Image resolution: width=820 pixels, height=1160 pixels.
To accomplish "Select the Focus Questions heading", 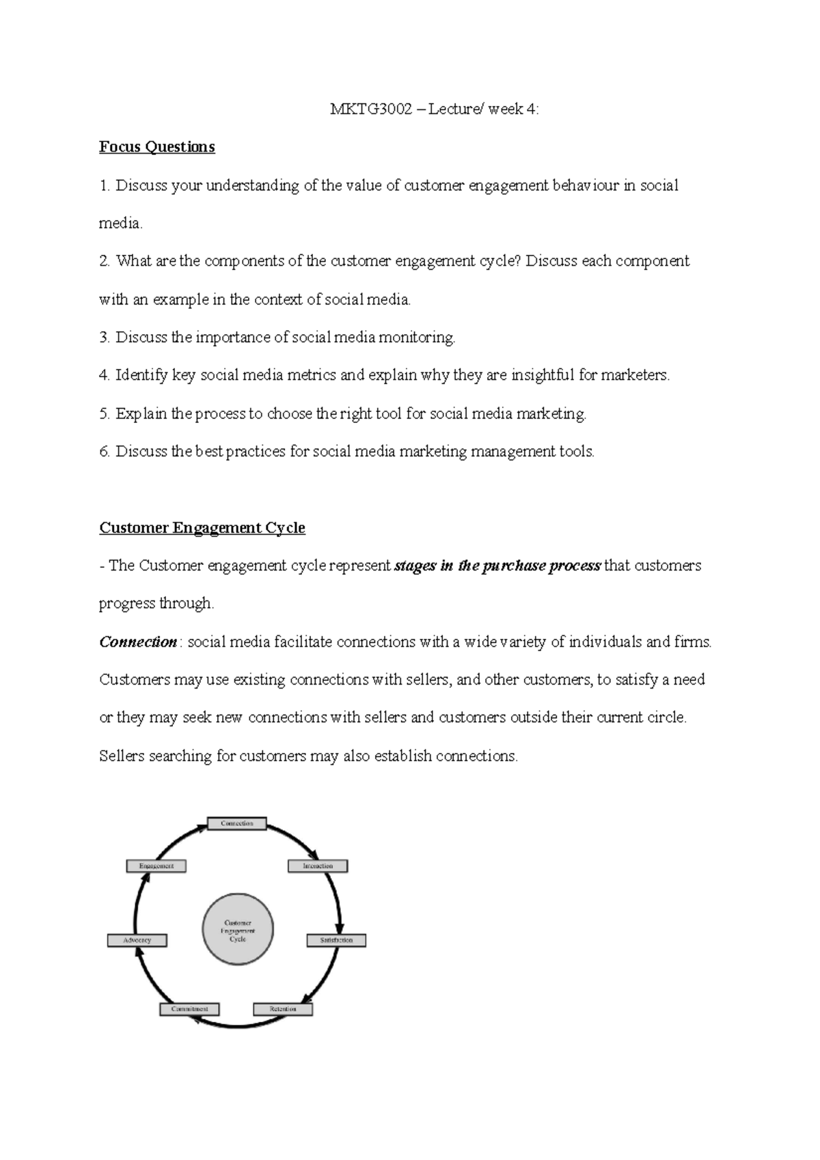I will pos(156,147).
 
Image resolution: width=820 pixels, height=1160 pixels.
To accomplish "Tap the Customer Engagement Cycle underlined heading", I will pos(202,528).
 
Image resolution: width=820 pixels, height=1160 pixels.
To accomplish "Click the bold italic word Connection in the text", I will pos(138,642).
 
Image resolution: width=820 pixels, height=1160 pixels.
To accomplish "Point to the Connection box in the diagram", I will pos(236,824).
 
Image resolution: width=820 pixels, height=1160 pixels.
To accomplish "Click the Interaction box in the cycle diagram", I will pos(318,866).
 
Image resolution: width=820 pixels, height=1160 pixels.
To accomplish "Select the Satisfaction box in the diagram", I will pos(336,941).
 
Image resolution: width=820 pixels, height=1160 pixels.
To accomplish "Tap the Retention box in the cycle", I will pos(283,1009).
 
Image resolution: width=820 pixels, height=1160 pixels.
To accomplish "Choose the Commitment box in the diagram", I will pos(189,1009).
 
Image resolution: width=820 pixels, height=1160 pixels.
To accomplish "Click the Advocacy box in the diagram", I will pos(137,941).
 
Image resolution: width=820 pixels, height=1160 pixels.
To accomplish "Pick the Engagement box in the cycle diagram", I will pos(156,866).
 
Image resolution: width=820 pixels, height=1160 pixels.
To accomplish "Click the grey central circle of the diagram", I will pos(238,930).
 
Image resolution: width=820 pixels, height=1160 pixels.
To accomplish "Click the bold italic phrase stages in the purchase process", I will pos(497,566).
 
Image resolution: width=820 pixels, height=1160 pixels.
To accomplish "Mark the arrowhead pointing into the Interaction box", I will pos(314,856).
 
